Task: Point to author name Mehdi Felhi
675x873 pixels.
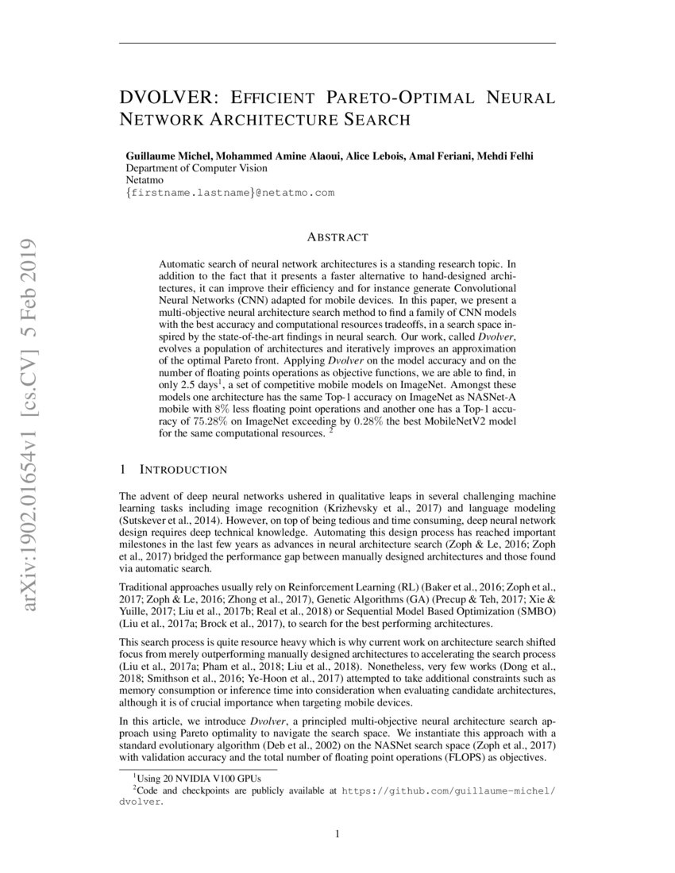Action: (504, 156)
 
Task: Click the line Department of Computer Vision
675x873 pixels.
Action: (197, 168)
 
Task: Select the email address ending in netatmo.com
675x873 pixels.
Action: (229, 193)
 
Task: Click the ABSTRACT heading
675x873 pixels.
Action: (337, 237)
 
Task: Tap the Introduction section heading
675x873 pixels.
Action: (183, 470)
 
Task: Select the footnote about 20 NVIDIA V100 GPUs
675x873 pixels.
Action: (183, 778)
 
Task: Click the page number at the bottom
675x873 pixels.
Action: (337, 833)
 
